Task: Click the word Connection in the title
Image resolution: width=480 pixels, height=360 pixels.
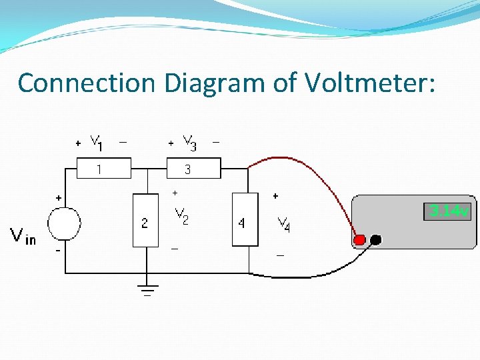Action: (x=86, y=83)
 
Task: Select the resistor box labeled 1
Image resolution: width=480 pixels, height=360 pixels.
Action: (x=104, y=169)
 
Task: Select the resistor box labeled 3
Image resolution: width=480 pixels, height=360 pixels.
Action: (x=193, y=169)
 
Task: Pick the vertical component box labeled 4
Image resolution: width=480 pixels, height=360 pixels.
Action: (x=244, y=220)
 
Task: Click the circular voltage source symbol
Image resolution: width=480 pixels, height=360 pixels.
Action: (x=65, y=223)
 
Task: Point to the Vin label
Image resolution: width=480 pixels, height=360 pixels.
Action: (x=23, y=236)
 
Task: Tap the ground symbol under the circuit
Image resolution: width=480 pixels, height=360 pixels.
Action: (x=147, y=289)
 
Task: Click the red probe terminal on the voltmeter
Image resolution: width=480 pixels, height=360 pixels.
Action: (x=360, y=240)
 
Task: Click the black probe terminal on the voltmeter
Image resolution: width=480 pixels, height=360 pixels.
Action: (x=376, y=240)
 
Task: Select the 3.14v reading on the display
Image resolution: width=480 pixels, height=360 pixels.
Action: (x=449, y=212)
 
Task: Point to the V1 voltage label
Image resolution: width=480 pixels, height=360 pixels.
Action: (x=96, y=143)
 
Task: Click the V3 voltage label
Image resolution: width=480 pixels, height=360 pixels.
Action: (x=189, y=143)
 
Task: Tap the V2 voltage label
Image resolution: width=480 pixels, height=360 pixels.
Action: (x=181, y=215)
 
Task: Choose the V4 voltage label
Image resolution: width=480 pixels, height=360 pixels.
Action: (x=283, y=224)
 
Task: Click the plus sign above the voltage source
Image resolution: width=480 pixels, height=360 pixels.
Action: (x=59, y=198)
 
